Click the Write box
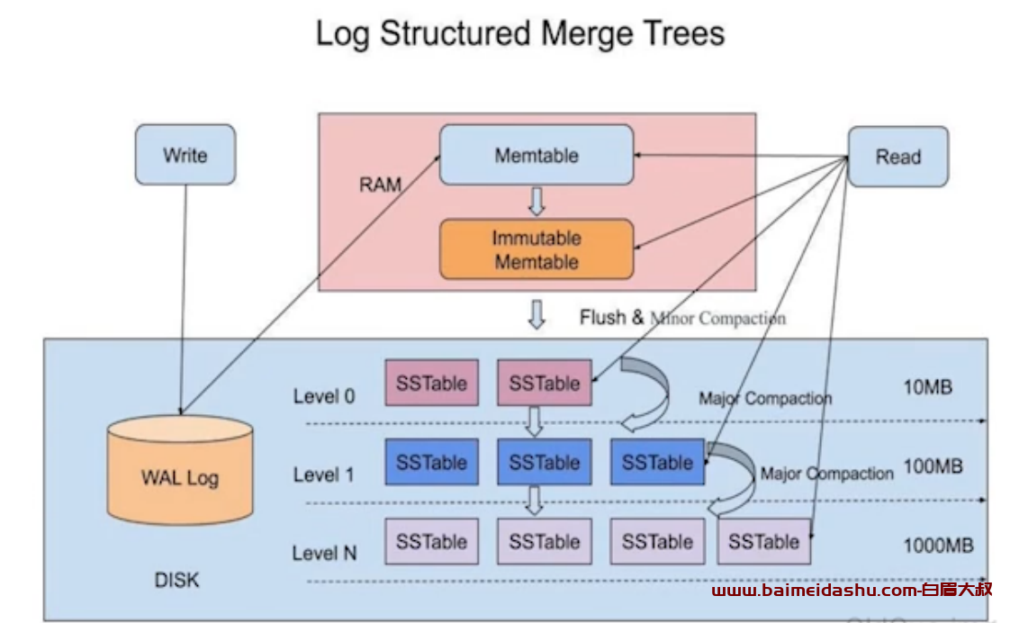(x=185, y=155)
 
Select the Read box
(x=898, y=157)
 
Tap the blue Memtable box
(x=537, y=155)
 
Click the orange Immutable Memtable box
(x=537, y=249)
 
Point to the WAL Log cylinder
(x=180, y=470)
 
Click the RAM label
(x=380, y=185)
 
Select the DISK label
(x=176, y=580)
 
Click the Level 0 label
(x=324, y=396)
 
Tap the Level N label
(x=324, y=554)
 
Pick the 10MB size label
(x=927, y=387)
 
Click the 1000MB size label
(x=938, y=546)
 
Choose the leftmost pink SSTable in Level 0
(x=431, y=383)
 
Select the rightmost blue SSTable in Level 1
(x=657, y=462)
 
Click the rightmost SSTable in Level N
(x=763, y=541)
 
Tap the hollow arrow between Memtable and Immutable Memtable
(x=537, y=202)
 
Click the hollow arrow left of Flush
(x=537, y=314)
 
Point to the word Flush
(x=602, y=318)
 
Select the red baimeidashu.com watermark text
(x=852, y=590)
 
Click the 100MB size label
(x=933, y=466)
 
